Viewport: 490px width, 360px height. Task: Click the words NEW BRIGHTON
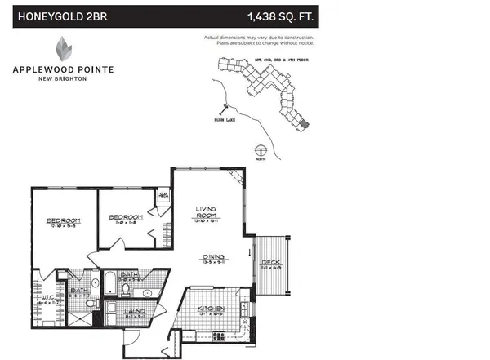pyautogui.click(x=63, y=79)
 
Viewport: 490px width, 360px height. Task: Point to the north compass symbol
pyautogui.click(x=261, y=150)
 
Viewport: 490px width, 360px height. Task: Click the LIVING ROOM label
pyautogui.click(x=205, y=213)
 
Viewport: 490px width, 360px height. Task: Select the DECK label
pyautogui.click(x=270, y=264)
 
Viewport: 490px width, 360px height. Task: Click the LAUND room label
pyautogui.click(x=136, y=311)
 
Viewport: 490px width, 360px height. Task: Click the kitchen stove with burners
pyautogui.click(x=218, y=335)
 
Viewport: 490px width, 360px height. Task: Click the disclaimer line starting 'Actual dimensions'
pyautogui.click(x=260, y=38)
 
